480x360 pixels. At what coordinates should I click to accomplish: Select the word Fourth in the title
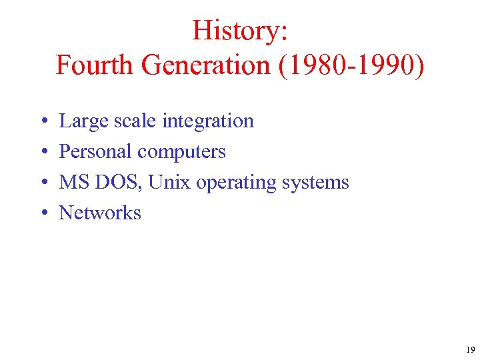point(96,65)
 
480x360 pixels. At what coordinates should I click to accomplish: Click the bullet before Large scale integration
point(42,121)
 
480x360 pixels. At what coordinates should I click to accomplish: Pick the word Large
point(79,121)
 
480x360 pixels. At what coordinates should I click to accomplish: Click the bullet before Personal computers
point(42,152)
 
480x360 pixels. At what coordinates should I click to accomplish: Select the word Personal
point(95,151)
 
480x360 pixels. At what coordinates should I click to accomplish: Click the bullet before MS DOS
point(42,183)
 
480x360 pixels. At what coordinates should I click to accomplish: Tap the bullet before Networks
point(42,213)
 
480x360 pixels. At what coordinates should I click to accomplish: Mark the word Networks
point(100,213)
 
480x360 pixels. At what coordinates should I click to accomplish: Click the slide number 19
point(470,350)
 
